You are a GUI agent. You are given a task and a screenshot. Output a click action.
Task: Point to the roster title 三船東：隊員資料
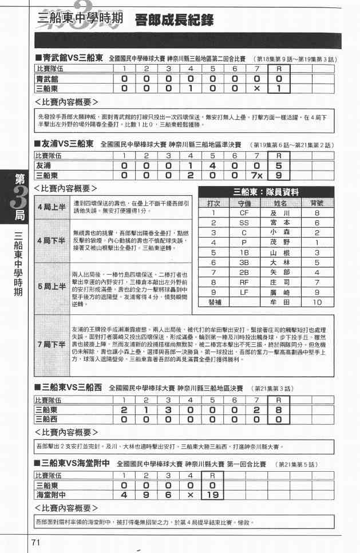(x=266, y=192)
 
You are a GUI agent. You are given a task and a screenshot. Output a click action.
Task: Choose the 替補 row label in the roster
(x=212, y=301)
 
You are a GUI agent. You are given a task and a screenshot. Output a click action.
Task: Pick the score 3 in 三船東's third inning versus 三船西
(x=168, y=410)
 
